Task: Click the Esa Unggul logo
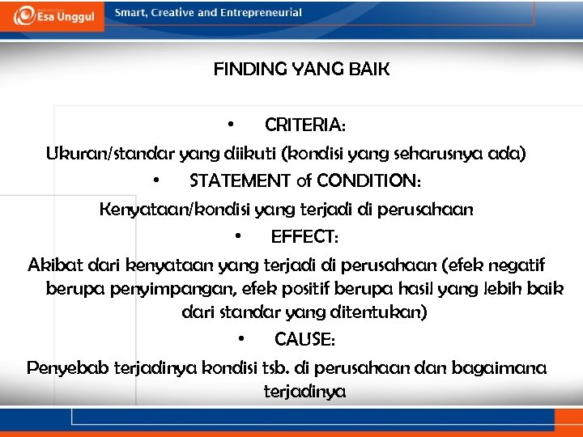[x=52, y=15]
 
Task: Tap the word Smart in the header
[x=131, y=13]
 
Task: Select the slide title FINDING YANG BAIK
[x=301, y=70]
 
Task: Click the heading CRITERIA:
[x=305, y=125]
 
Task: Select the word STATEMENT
[x=240, y=180]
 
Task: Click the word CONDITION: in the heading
[x=368, y=180]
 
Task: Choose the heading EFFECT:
[x=305, y=236]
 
